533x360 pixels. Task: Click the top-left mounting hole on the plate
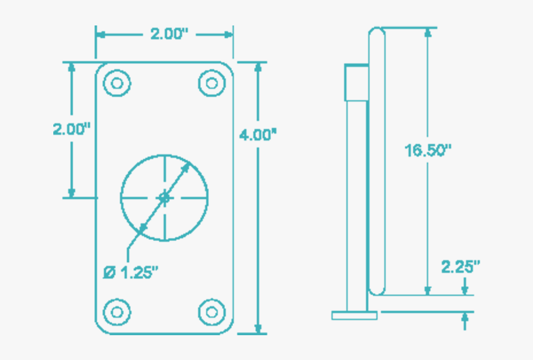click(117, 83)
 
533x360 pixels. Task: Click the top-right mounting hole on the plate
click(211, 83)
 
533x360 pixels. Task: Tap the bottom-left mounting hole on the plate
click(117, 311)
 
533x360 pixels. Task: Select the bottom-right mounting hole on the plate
click(211, 311)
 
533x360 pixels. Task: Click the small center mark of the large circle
click(164, 198)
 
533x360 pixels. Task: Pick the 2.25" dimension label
click(460, 267)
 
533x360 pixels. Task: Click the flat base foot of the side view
click(355, 315)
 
